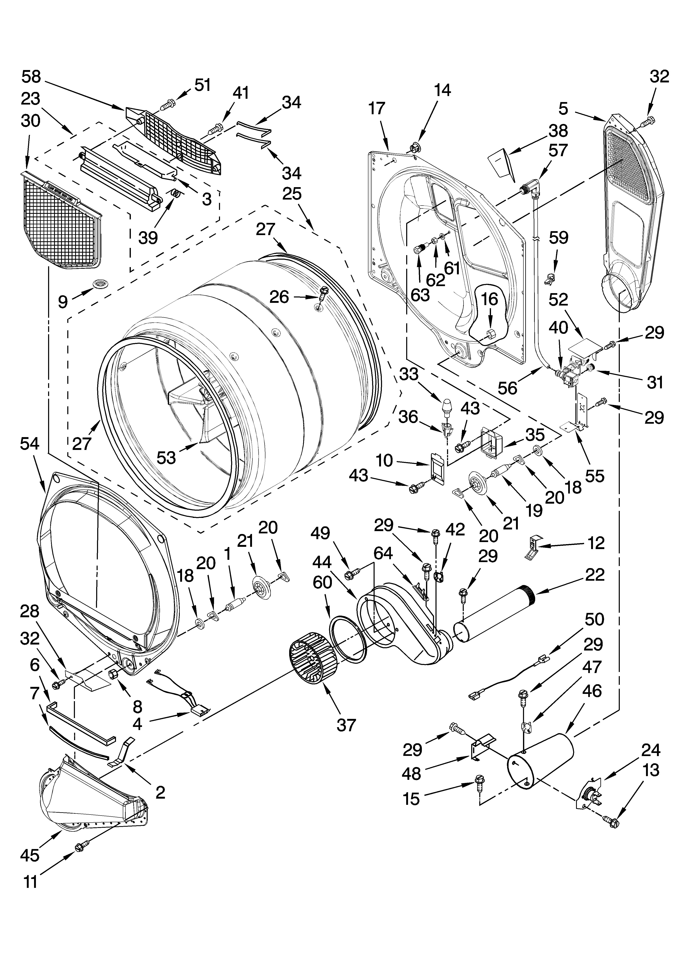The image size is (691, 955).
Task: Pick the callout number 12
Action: [596, 543]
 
